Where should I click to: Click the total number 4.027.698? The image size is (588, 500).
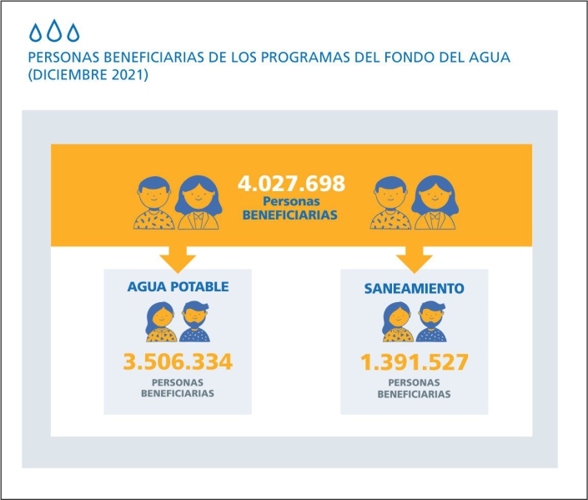291,184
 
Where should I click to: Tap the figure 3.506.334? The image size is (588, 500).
177,362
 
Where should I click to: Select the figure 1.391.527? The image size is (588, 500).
415,362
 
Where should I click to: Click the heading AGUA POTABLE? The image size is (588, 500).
178,286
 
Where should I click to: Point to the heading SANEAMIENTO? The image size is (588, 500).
415,288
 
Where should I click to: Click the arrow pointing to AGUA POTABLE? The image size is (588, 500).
178,258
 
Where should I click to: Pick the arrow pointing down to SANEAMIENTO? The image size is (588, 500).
415,258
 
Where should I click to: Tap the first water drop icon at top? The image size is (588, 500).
36,32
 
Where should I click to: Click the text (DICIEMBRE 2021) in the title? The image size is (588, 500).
88,75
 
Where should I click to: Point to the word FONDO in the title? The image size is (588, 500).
407,58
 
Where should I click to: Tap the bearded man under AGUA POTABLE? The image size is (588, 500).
194,321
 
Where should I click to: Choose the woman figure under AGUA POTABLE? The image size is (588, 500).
161,321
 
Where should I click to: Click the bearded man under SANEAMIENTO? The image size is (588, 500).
431,321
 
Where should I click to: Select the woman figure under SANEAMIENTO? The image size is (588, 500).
398,321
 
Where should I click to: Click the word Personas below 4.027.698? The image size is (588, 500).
290,201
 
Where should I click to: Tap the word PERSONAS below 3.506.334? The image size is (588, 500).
177,382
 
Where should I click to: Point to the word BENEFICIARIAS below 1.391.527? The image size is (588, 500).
415,393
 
